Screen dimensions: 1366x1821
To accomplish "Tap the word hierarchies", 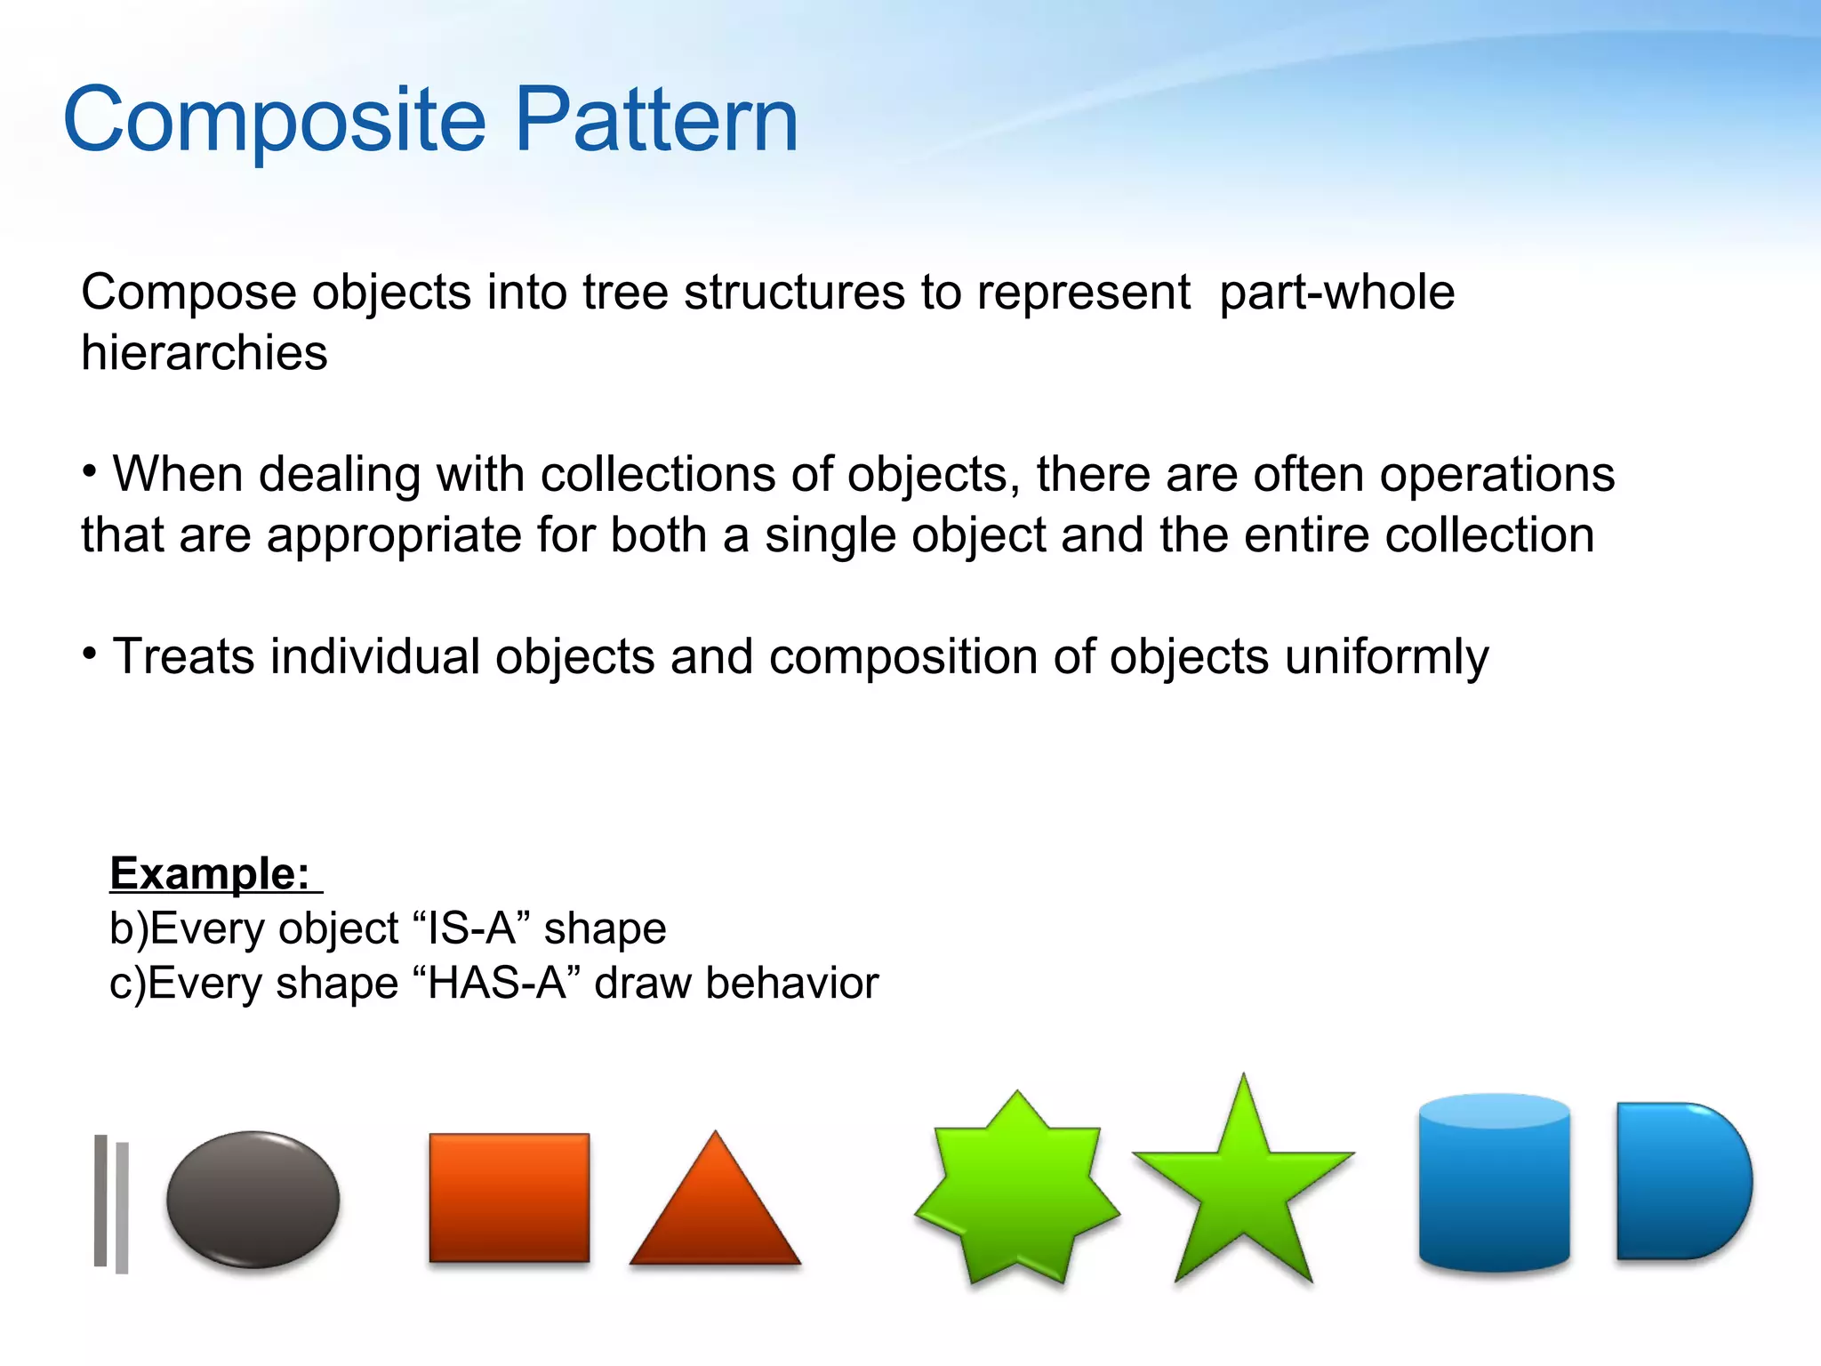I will [204, 353].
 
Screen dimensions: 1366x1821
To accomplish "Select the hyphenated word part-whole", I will [1336, 293].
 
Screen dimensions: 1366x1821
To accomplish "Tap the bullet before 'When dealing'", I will [90, 472].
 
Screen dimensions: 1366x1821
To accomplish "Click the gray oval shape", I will [253, 1199].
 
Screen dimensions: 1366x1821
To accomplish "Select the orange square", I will [509, 1197].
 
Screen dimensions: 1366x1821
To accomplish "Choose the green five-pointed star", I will [1243, 1183].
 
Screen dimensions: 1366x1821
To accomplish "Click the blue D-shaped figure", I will [1676, 1182].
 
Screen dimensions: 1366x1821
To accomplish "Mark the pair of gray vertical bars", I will [111, 1203].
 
